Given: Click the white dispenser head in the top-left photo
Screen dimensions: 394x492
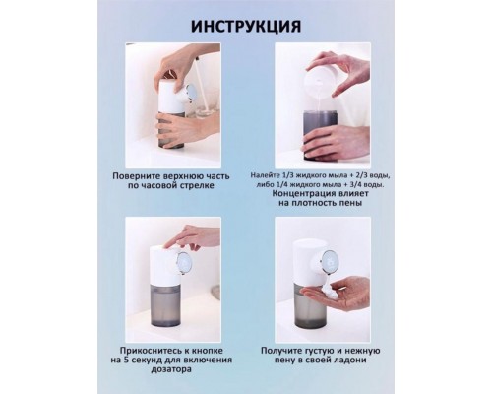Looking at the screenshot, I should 174,97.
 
